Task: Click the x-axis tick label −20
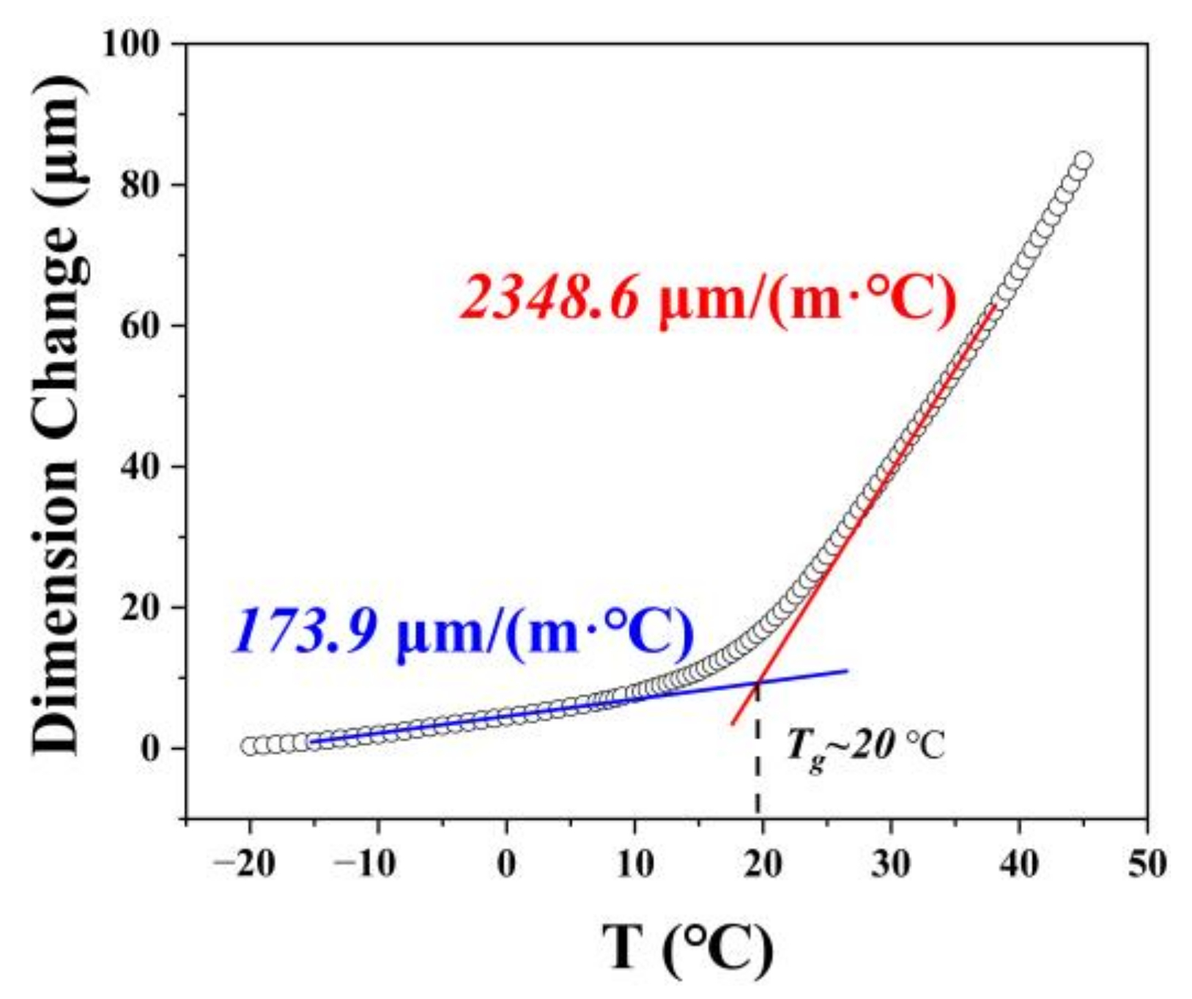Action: point(245,865)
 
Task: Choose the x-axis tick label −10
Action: point(373,865)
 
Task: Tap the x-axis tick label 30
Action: point(891,865)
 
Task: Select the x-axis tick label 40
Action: point(1019,865)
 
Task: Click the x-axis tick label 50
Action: point(1147,865)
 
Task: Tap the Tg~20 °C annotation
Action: point(865,748)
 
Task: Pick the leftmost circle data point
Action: point(249,746)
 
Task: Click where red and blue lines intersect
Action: point(758,682)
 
